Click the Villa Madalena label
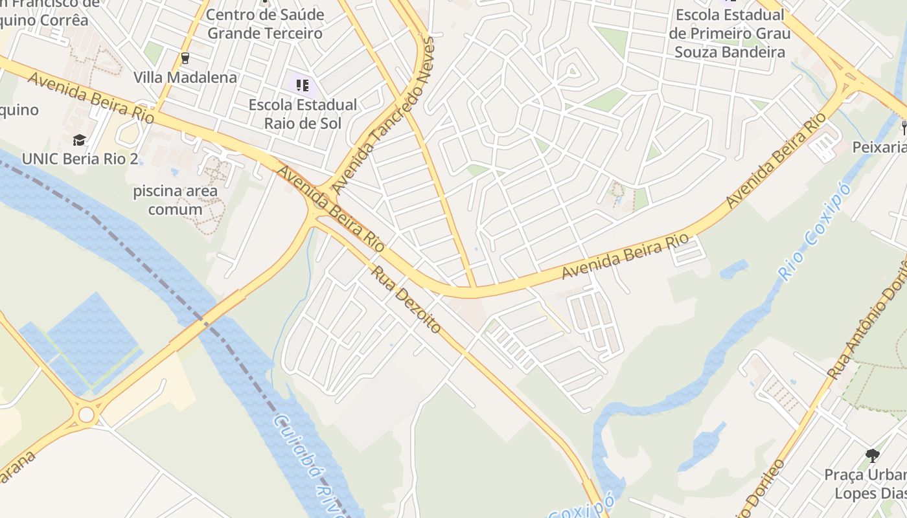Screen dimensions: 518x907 click(x=185, y=78)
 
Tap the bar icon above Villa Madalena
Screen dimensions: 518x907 click(x=185, y=58)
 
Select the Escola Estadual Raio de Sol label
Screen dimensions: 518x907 click(x=303, y=113)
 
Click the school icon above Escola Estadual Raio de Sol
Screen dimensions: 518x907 click(x=302, y=85)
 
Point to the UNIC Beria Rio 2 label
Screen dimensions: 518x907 click(x=80, y=159)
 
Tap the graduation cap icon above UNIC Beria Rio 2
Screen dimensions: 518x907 click(x=79, y=140)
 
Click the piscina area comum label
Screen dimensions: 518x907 click(x=175, y=200)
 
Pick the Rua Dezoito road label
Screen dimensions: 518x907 click(x=406, y=299)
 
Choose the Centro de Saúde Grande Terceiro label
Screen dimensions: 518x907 click(x=264, y=24)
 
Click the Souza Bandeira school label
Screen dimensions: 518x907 click(x=729, y=34)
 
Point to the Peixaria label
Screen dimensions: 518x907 click(x=880, y=148)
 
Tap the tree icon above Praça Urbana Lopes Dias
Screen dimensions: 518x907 click(x=872, y=456)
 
